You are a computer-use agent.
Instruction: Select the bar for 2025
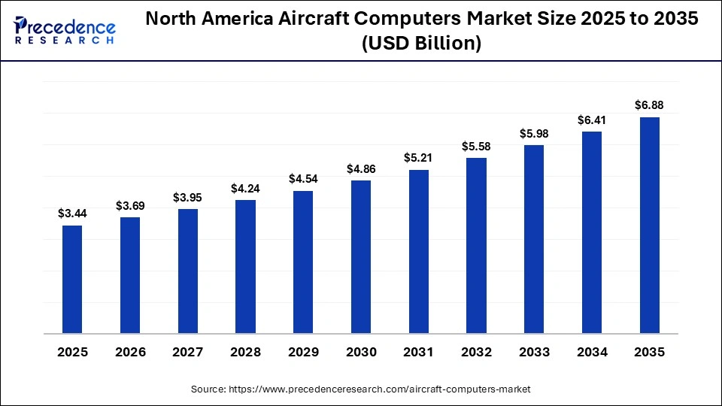click(72, 279)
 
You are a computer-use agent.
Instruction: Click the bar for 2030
click(361, 256)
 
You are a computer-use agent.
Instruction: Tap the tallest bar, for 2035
click(649, 225)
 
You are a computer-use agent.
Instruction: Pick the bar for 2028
click(245, 266)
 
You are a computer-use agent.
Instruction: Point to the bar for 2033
click(534, 238)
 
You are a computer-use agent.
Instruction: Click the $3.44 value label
click(72, 214)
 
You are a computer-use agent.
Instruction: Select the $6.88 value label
click(649, 105)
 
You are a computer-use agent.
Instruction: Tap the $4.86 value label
click(361, 169)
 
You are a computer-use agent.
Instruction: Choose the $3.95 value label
click(187, 198)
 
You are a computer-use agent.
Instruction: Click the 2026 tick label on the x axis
click(130, 353)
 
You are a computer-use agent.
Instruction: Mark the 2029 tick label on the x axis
click(303, 353)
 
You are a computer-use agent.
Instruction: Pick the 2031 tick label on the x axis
click(418, 353)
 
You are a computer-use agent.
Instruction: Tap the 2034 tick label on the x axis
click(591, 353)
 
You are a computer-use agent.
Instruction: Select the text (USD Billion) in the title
click(421, 44)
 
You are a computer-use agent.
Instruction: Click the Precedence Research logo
click(64, 31)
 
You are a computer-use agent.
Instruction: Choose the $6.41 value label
click(591, 120)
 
